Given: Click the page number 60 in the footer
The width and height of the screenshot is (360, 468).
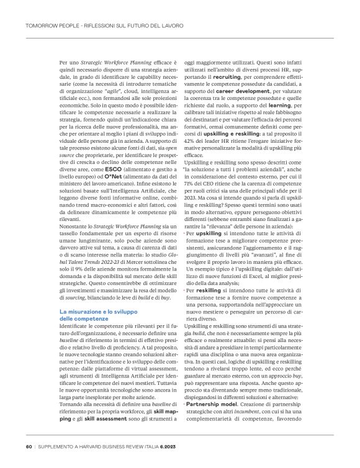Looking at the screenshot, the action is pos(29,446).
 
